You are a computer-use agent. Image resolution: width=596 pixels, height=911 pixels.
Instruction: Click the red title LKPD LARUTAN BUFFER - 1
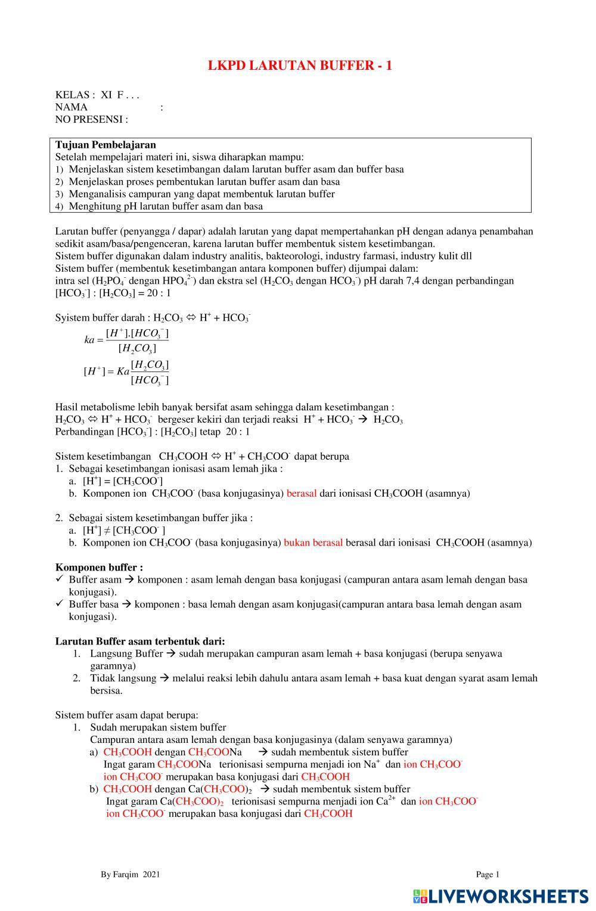(300, 66)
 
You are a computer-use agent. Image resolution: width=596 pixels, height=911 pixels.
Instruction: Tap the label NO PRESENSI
(91, 119)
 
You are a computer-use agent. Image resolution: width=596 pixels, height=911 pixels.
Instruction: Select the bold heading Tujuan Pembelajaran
(105, 145)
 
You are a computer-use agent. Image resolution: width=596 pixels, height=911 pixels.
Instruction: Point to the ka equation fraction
(127, 340)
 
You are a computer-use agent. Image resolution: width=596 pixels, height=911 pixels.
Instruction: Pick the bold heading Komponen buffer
(99, 567)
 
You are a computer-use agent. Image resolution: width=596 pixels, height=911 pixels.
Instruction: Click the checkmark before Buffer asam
(60, 579)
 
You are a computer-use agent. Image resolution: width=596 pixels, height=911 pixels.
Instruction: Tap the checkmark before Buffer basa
(60, 604)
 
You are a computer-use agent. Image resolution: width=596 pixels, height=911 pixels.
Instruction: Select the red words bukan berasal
(313, 543)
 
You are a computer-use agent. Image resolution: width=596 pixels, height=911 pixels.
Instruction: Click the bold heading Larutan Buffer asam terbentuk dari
(140, 641)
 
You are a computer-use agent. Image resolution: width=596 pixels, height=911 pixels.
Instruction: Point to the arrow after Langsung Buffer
(171, 653)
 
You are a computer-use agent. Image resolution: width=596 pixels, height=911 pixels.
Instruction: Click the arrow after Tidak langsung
(164, 678)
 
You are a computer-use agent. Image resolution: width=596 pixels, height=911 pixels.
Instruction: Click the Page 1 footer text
(488, 875)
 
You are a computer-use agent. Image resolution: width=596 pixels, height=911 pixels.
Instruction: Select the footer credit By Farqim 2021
(131, 875)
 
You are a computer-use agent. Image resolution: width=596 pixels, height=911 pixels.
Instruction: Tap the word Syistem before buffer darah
(72, 318)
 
